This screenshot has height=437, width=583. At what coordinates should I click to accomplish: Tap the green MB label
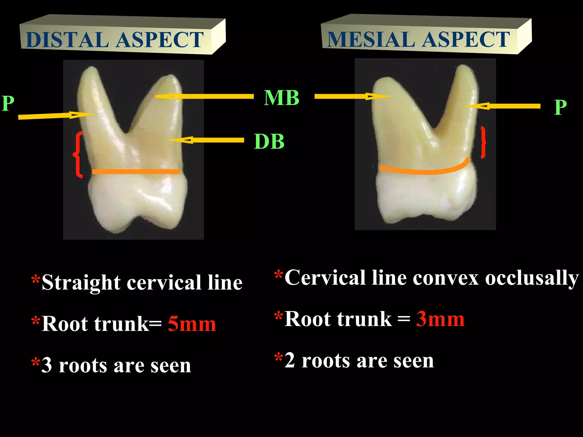point(281,98)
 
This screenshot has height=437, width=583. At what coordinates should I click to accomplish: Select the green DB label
point(269,141)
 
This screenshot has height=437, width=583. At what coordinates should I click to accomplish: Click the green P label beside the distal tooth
point(8,103)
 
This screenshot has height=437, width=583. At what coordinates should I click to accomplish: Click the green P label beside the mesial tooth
point(560,107)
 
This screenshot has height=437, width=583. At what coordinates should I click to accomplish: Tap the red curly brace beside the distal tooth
point(78,154)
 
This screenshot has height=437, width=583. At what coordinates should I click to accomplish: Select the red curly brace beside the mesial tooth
point(483,142)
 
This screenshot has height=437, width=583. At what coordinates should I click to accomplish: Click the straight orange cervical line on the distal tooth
point(136,172)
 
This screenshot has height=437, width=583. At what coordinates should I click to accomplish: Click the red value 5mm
point(192,324)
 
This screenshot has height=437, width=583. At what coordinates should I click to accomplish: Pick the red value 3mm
point(440,319)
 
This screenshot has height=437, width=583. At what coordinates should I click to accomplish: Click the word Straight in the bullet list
point(81,283)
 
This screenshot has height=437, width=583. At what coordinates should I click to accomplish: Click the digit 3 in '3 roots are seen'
point(47,365)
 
